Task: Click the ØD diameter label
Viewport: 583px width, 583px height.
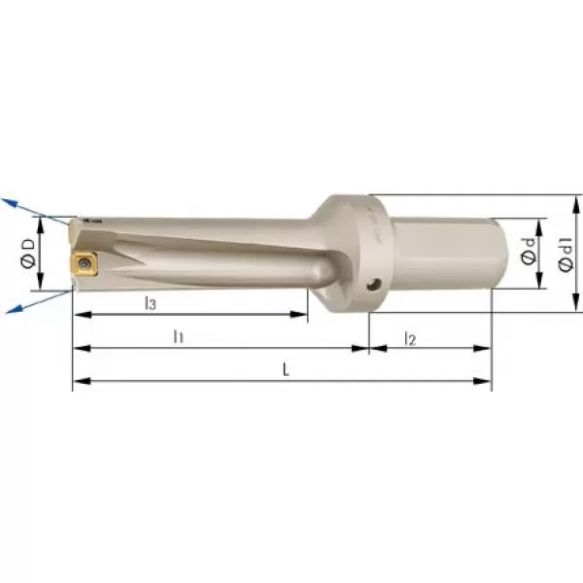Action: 28,254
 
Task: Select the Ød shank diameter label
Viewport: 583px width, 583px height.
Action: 528,251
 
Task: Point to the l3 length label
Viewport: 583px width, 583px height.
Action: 151,303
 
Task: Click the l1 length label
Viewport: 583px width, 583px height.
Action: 179,336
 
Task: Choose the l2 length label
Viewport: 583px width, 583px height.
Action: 410,339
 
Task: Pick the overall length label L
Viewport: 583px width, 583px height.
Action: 285,369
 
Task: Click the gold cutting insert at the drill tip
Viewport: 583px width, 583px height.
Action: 85,263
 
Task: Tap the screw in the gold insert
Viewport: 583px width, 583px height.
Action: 84,263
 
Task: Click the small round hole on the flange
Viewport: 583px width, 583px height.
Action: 373,285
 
